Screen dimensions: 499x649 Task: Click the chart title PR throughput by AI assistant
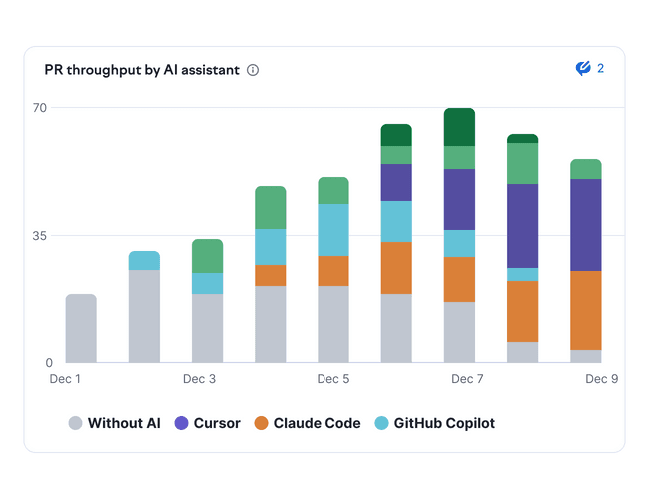click(142, 70)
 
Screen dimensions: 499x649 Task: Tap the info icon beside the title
click(253, 70)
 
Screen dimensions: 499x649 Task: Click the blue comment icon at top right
click(584, 69)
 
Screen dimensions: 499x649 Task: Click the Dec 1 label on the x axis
click(65, 379)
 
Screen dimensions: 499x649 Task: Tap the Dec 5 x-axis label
click(333, 379)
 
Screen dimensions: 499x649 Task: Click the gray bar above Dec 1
click(81, 328)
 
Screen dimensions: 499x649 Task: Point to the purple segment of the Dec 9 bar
click(586, 225)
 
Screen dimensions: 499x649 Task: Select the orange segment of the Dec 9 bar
click(586, 310)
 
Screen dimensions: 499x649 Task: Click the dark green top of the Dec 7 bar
click(459, 127)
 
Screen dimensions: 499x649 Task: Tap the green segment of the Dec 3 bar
click(207, 255)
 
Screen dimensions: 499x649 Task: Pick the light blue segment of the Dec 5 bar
click(333, 230)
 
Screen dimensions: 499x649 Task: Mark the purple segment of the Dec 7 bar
click(459, 199)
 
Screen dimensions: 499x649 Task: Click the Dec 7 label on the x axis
click(467, 379)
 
